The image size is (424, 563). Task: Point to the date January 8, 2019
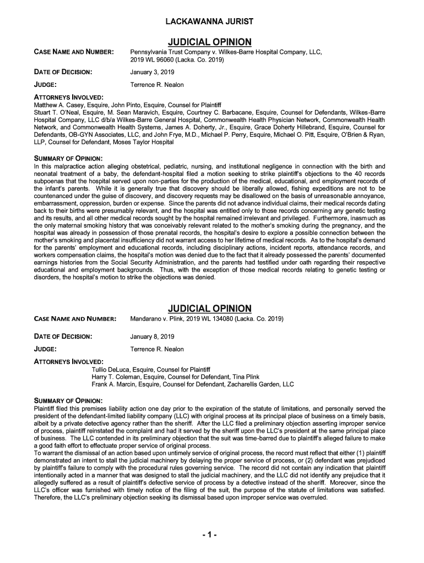point(152,336)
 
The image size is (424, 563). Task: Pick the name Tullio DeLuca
point(113,369)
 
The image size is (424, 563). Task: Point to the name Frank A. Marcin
point(116,384)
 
